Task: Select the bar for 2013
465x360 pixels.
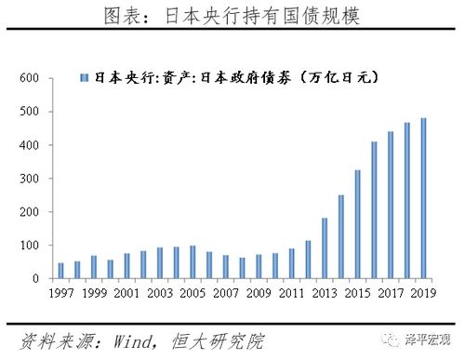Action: pos(325,248)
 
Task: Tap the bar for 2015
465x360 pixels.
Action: pos(357,224)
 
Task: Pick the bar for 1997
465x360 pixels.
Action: pos(61,271)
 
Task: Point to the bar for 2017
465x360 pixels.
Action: pos(391,205)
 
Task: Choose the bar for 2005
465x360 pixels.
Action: pos(193,262)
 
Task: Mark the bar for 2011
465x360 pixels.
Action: pos(291,263)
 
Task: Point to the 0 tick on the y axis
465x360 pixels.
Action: pos(33,279)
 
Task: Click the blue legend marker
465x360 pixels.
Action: pos(85,79)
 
